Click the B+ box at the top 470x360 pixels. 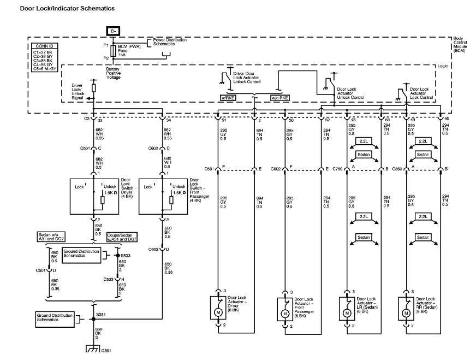(113, 31)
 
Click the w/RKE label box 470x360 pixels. (227, 98)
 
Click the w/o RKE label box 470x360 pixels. (281, 98)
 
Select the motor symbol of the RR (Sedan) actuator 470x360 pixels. (406, 314)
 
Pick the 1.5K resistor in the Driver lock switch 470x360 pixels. (102, 200)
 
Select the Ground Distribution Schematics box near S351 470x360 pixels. (55, 317)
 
